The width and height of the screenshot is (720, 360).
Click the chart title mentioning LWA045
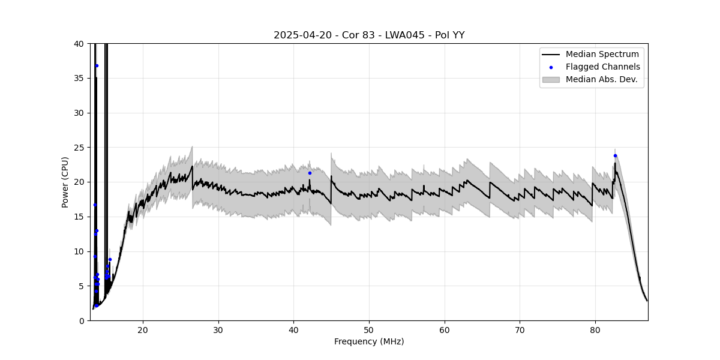coord(369,35)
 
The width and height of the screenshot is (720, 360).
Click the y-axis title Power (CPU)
coord(65,182)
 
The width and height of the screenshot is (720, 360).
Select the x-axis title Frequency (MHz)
coord(369,341)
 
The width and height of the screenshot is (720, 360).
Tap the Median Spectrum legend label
coord(602,55)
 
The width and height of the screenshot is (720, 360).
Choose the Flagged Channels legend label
coord(602,67)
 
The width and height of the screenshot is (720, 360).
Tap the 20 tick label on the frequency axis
coord(143,329)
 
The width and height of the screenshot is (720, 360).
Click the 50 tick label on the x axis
coord(369,329)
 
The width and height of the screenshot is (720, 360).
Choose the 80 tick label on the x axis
coord(595,329)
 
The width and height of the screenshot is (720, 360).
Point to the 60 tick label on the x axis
coord(445,329)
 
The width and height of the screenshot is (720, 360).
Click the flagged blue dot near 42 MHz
coord(310,173)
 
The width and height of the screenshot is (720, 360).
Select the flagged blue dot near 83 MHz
coord(615,155)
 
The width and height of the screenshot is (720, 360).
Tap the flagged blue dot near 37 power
coord(97,65)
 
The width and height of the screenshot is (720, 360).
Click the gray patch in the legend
coord(551,79)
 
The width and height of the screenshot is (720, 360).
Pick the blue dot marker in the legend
coord(551,67)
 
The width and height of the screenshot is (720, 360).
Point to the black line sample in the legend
coord(551,55)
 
